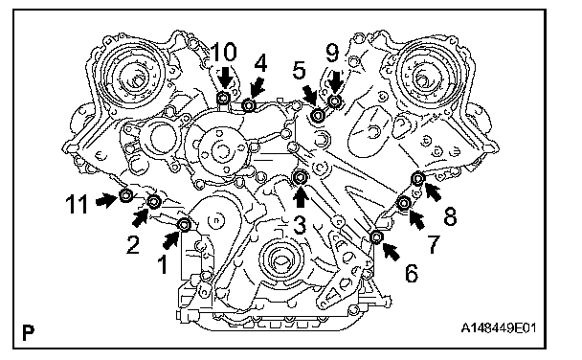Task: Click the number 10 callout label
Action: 224,52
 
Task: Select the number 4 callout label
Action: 260,62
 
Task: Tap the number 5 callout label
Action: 299,71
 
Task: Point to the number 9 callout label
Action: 332,53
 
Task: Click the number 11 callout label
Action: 77,205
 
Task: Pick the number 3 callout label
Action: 300,226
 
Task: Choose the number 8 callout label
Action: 450,216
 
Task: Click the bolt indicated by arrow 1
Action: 185,225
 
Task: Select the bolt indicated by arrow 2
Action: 154,202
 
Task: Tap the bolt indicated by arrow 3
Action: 300,178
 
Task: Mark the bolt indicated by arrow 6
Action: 376,236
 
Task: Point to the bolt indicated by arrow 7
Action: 404,203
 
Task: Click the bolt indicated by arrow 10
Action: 223,99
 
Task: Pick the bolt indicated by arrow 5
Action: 318,116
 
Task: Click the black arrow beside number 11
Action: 106,200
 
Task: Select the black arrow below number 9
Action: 337,81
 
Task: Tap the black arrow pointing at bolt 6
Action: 391,251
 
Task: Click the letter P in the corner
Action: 28,332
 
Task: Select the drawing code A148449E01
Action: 499,328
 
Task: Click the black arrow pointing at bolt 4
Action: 257,89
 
